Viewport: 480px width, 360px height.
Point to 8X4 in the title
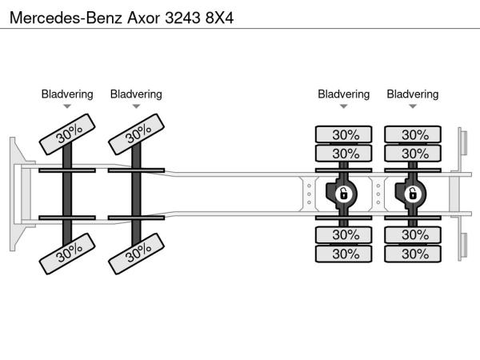click(218, 15)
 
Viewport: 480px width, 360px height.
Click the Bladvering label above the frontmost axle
click(67, 94)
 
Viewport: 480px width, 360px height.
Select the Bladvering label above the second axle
click(136, 94)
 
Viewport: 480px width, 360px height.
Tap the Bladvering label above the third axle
click(343, 94)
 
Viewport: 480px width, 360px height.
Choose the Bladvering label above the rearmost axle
click(413, 94)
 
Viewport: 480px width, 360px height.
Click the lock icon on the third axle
click(343, 194)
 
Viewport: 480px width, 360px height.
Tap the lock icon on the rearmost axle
click(413, 194)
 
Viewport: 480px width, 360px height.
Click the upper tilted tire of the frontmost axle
click(69, 133)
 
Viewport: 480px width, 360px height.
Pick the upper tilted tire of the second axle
click(138, 133)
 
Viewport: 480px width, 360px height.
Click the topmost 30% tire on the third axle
click(344, 134)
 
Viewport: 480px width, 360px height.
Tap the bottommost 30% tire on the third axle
click(344, 254)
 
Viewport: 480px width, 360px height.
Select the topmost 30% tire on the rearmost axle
click(414, 134)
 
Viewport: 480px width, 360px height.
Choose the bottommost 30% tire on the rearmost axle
click(414, 254)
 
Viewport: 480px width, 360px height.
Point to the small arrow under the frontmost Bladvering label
click(67, 106)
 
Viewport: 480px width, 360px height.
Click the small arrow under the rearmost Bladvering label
click(413, 106)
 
